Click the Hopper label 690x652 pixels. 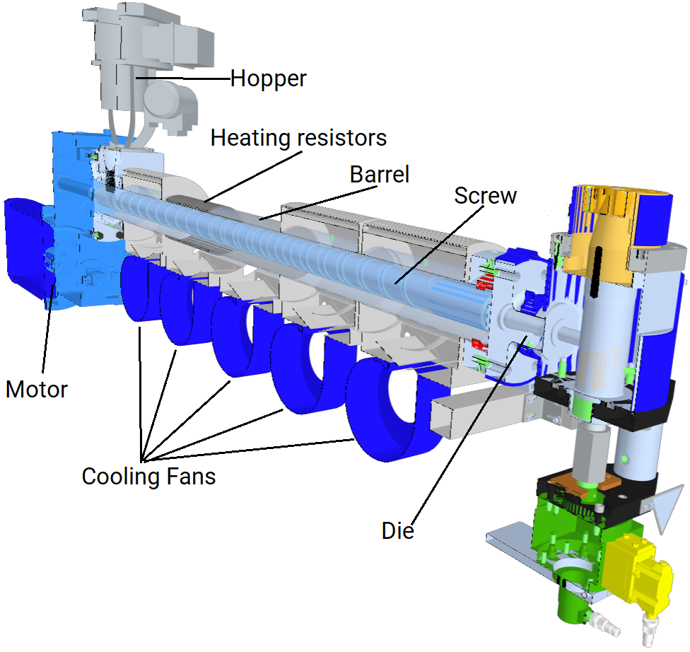(x=268, y=79)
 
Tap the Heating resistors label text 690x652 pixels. (x=298, y=138)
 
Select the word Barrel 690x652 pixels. (x=380, y=175)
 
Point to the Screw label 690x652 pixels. (x=486, y=196)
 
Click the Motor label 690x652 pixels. (x=37, y=390)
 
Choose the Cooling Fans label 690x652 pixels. (x=148, y=477)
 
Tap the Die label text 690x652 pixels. (x=398, y=531)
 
